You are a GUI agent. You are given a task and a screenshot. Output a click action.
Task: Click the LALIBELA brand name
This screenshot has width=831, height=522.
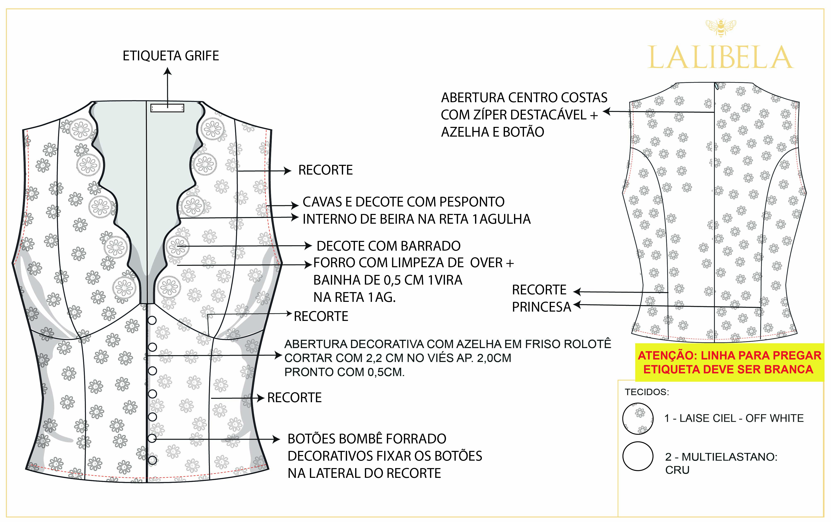tap(721, 58)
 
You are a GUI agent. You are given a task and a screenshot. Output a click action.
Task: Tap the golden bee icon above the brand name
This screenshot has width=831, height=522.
tap(721, 28)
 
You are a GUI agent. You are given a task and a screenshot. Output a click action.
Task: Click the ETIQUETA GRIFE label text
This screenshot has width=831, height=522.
tap(171, 56)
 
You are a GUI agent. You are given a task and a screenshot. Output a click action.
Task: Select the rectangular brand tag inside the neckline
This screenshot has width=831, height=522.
tap(167, 108)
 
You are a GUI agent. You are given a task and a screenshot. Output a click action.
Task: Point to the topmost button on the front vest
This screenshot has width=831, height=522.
tap(152, 320)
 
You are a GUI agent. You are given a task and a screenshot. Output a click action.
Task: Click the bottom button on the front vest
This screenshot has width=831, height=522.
tap(152, 460)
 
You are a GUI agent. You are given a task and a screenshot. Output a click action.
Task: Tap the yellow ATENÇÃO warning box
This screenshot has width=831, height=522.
tap(729, 362)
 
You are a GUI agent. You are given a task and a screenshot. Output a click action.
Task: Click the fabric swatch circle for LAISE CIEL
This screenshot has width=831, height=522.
tap(638, 418)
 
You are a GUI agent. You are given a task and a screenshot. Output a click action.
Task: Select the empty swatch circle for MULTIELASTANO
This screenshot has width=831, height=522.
tap(638, 456)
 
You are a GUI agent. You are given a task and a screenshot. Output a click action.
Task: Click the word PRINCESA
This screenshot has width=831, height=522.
tap(541, 307)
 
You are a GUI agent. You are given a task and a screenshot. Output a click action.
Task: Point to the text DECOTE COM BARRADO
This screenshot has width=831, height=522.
tap(389, 246)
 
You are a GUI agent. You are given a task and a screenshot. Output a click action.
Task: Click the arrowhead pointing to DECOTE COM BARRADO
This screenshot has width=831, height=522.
tap(308, 246)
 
